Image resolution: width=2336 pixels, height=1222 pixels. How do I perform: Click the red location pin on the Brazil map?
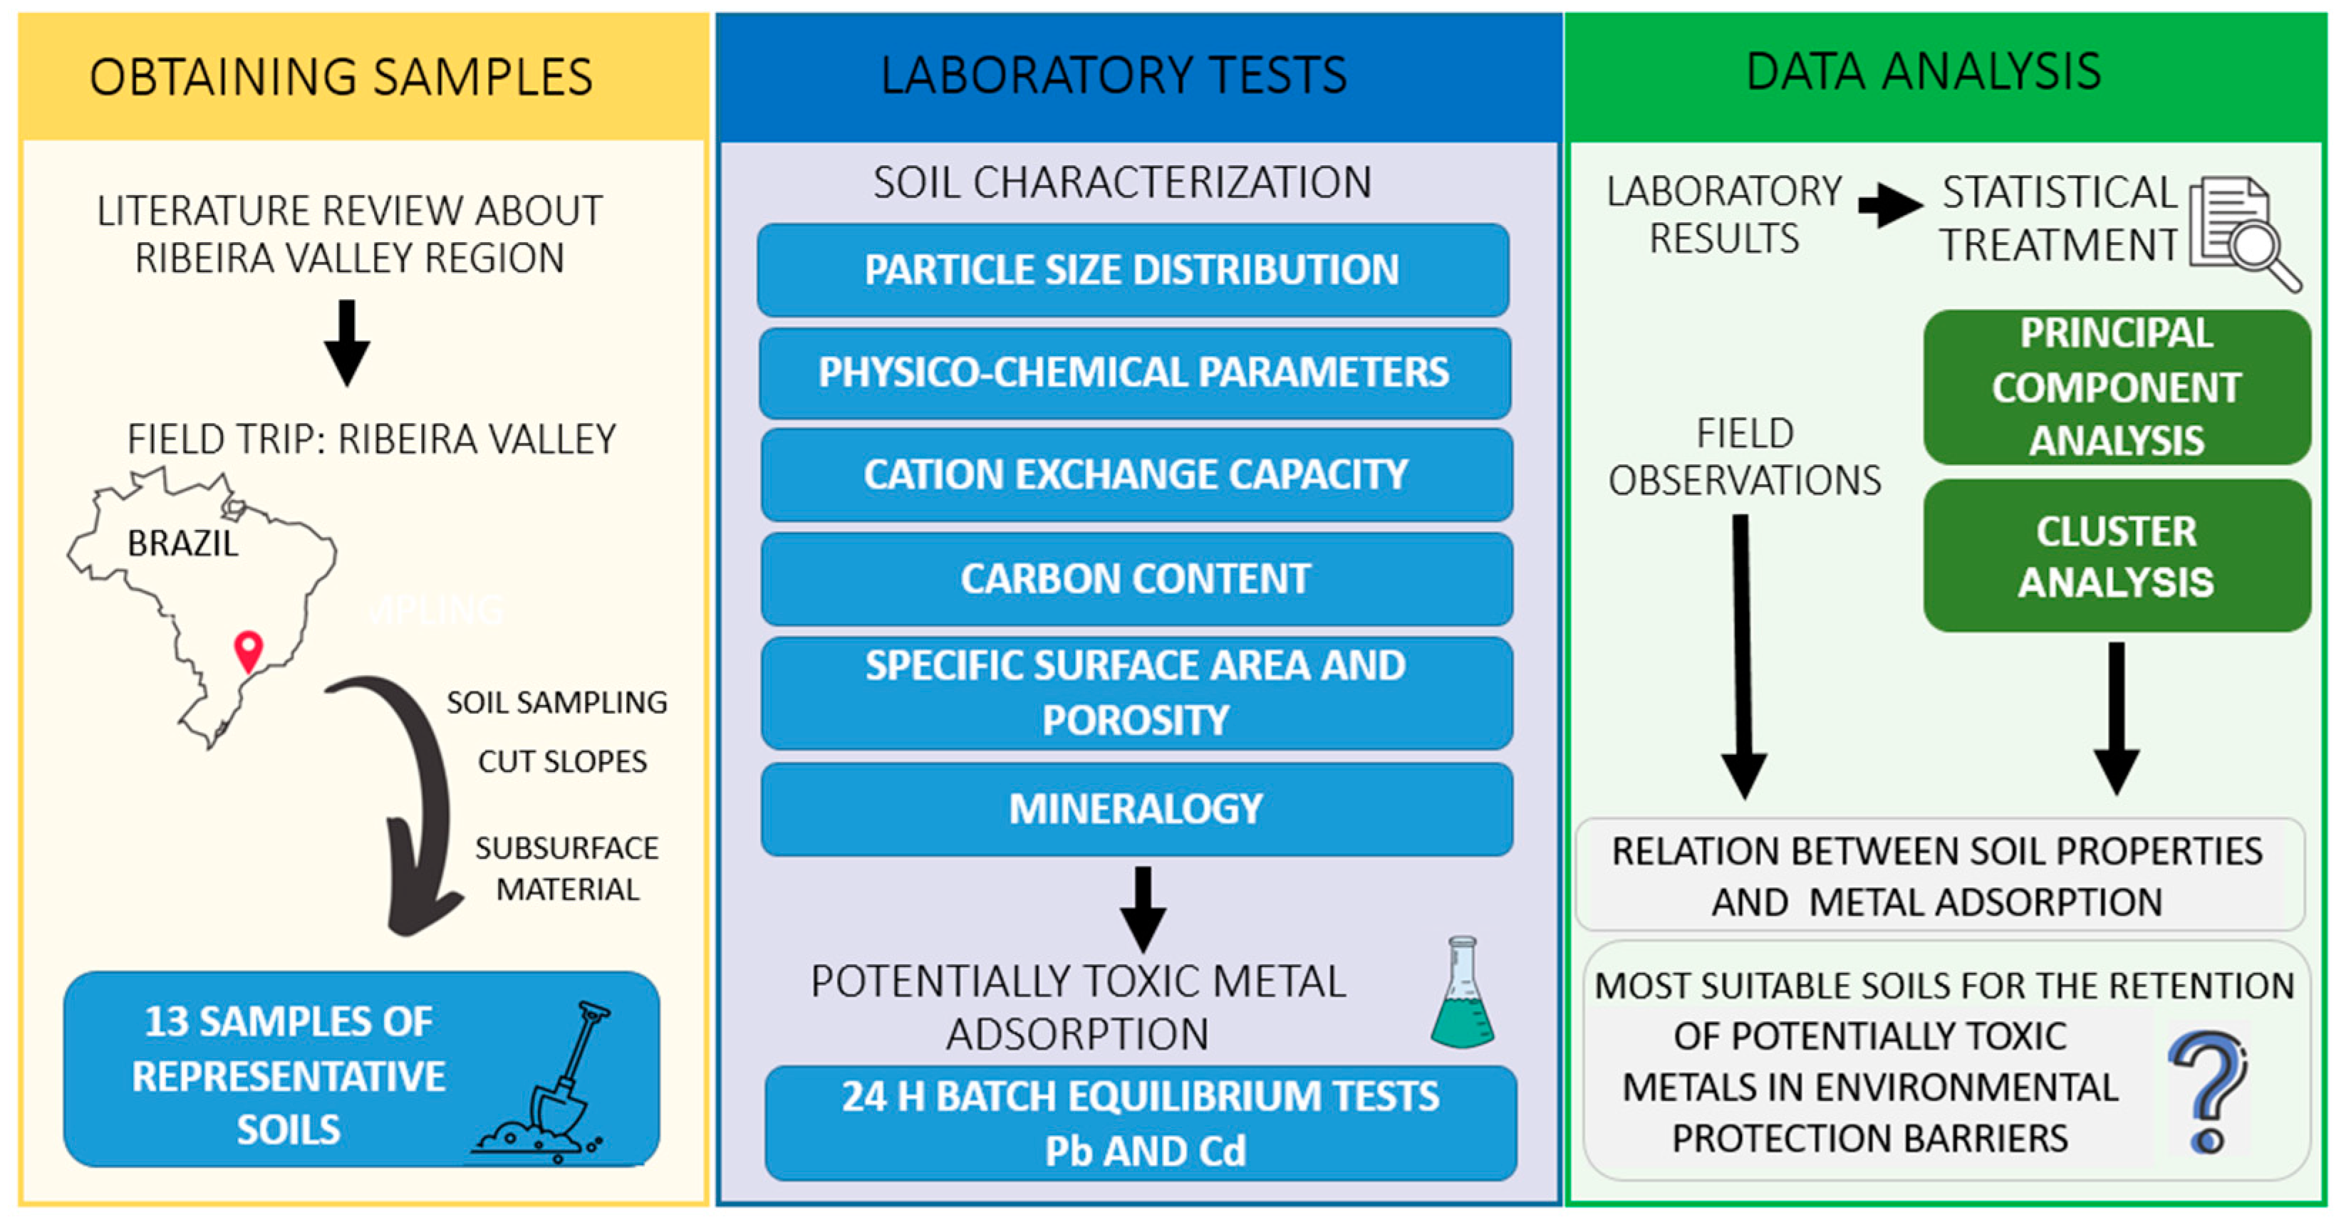click(x=249, y=649)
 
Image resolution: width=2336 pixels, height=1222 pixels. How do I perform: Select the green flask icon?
click(x=1462, y=994)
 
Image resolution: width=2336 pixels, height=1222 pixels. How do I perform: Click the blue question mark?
click(x=2207, y=1092)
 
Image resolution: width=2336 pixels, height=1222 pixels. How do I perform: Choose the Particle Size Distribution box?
click(x=1133, y=270)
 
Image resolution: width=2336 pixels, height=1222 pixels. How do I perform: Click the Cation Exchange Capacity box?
click(x=1136, y=475)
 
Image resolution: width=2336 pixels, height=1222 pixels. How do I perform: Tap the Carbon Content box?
click(x=1136, y=579)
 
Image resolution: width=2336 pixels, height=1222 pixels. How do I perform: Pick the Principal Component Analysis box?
click(x=2116, y=387)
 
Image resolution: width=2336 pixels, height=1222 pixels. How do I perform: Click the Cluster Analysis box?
click(x=2116, y=555)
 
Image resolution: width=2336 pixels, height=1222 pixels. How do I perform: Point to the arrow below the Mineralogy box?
click(x=1143, y=907)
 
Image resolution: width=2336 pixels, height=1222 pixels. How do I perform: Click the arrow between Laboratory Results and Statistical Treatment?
click(x=1890, y=205)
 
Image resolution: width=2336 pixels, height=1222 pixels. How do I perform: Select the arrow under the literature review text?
click(x=346, y=343)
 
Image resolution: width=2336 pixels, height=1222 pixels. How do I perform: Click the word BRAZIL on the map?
click(x=182, y=544)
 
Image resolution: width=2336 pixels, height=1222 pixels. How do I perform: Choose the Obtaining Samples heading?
click(x=341, y=77)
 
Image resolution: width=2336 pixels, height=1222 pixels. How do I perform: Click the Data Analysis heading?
click(x=1924, y=73)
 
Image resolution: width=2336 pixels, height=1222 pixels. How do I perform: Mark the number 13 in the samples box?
click(x=165, y=1023)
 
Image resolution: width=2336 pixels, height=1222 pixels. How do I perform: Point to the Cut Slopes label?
click(x=562, y=761)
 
